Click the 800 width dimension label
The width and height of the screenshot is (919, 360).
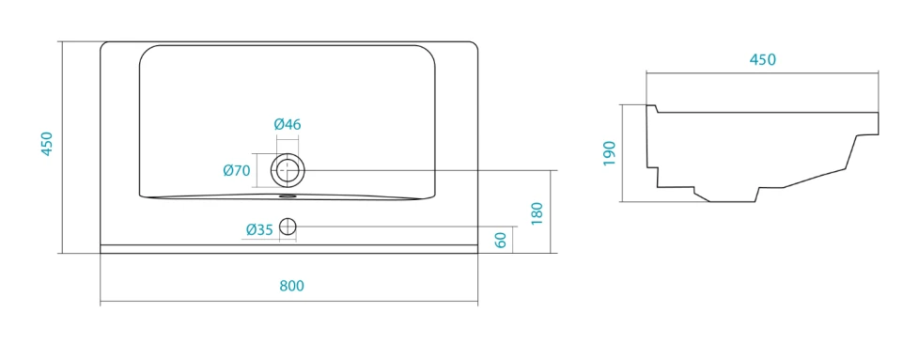pos(291,286)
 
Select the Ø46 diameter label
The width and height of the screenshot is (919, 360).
pos(288,124)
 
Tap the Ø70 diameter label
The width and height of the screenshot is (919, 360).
pos(237,171)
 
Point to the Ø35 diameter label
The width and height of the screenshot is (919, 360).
pos(259,230)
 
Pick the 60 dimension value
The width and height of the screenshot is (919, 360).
pos(500,240)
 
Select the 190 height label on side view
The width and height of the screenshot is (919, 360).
pos(609,153)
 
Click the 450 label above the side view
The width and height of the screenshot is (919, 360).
pos(762,60)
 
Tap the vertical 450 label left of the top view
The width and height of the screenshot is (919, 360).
pos(47,144)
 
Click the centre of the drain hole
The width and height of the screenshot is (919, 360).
pos(288,169)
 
